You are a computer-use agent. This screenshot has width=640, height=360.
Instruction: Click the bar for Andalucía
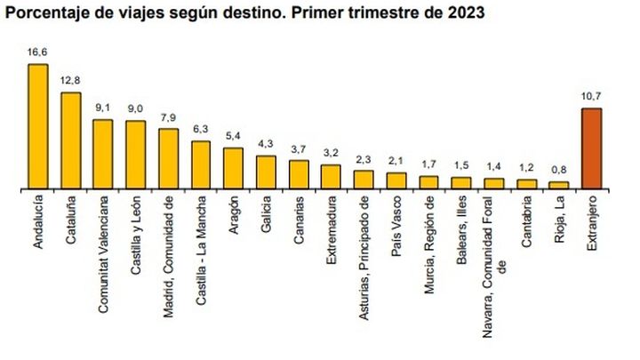[37, 126]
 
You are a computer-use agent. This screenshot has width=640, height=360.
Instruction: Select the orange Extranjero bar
[591, 148]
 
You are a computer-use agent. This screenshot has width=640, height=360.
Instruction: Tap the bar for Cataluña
[70, 140]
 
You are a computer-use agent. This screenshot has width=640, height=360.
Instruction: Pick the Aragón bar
[233, 168]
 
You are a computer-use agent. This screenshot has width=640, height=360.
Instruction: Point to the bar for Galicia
[266, 172]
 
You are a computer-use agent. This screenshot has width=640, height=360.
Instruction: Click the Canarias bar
[299, 174]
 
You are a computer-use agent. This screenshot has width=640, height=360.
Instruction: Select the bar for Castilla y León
[135, 155]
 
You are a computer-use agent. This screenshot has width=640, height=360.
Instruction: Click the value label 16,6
[37, 53]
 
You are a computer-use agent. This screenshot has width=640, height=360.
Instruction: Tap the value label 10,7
[591, 97]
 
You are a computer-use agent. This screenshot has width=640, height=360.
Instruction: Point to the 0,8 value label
[558, 171]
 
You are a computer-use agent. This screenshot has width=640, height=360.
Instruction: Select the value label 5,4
[233, 136]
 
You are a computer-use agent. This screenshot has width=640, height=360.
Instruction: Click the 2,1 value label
[396, 161]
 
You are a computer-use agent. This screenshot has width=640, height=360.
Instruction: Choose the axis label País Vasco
[396, 226]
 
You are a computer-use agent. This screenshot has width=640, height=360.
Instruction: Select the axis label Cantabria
[526, 227]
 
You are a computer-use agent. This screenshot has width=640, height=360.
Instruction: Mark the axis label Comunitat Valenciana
[102, 254]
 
